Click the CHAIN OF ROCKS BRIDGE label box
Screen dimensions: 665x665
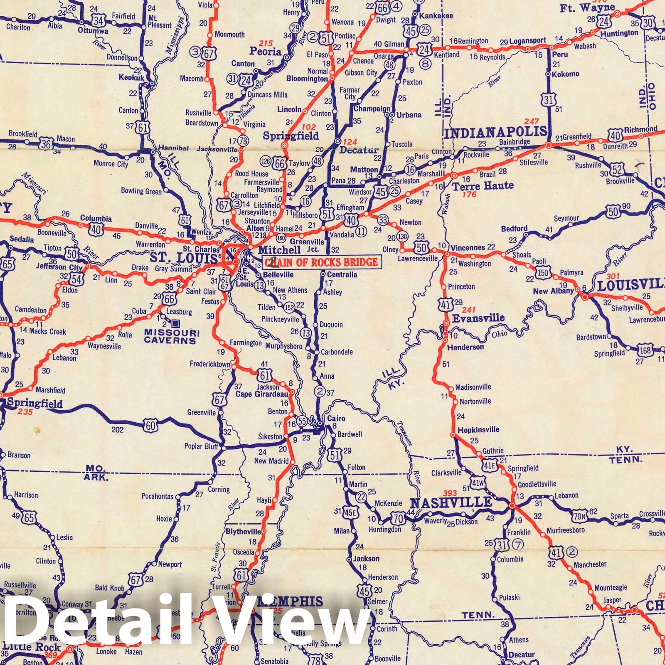click(322, 261)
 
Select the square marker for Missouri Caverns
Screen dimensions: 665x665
click(176, 323)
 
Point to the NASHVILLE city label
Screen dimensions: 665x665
click(451, 503)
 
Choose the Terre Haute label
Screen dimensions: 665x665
click(483, 185)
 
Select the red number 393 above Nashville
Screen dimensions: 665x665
click(450, 493)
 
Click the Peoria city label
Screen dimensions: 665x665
click(265, 52)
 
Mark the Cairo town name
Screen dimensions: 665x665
click(336, 419)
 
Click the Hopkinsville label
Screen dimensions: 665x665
click(478, 430)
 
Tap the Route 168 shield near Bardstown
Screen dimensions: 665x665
click(645, 350)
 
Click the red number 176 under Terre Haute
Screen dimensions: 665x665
click(470, 194)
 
